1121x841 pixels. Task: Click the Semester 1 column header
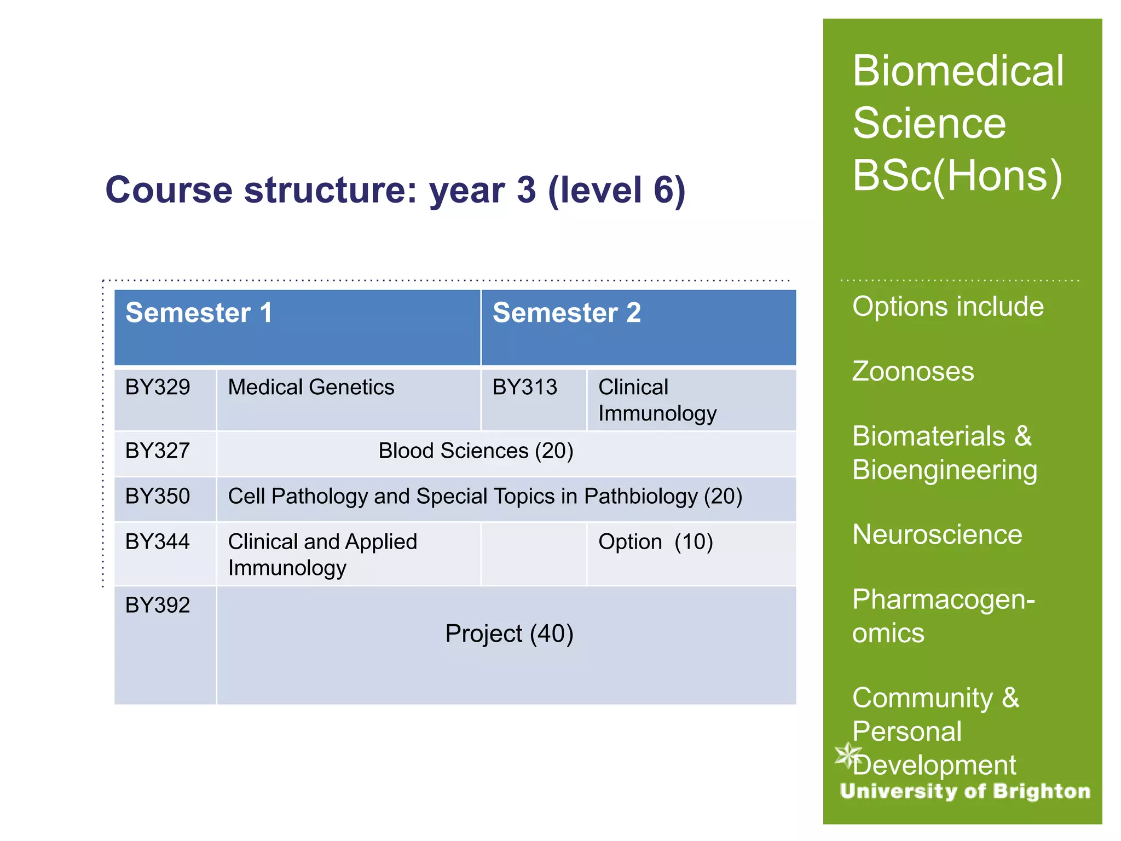click(x=199, y=313)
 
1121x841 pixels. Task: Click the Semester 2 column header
click(x=567, y=313)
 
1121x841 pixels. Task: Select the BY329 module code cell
click(x=158, y=388)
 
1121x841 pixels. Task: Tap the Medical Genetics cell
click(x=311, y=388)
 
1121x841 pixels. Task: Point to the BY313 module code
click(x=524, y=388)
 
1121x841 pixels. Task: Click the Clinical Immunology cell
click(x=657, y=400)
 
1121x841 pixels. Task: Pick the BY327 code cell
click(x=158, y=451)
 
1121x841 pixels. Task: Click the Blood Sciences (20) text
click(x=476, y=451)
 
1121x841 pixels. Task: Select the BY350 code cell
click(x=158, y=497)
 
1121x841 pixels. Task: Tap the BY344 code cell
click(x=158, y=542)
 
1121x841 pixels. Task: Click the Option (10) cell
click(x=655, y=542)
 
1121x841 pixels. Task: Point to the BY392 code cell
click(x=158, y=606)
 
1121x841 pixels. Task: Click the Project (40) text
click(x=509, y=634)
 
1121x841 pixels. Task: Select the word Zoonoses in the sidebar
click(x=913, y=372)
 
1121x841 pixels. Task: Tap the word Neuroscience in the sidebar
click(x=937, y=535)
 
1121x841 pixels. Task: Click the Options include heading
click(x=947, y=307)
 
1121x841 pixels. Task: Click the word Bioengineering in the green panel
click(x=945, y=470)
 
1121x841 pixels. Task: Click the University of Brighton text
click(x=965, y=791)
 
